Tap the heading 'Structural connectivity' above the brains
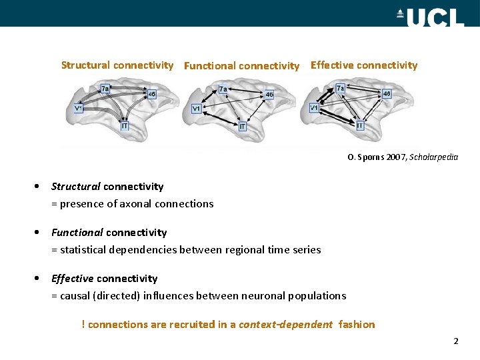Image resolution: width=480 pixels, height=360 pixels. pyautogui.click(x=117, y=65)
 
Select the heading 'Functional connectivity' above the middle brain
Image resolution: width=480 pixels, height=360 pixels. pyautogui.click(x=241, y=66)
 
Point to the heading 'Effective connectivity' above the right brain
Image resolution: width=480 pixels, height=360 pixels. pyautogui.click(x=364, y=65)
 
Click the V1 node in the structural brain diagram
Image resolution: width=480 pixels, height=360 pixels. pyautogui.click(x=79, y=109)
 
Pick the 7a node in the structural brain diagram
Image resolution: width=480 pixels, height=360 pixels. pyautogui.click(x=105, y=89)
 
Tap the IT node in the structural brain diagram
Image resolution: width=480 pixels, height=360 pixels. pyautogui.click(x=125, y=125)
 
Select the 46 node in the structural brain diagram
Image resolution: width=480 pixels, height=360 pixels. pyautogui.click(x=152, y=95)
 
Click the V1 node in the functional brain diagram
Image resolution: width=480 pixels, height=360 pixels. pyautogui.click(x=197, y=109)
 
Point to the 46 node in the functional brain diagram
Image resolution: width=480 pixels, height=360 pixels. pyautogui.click(x=269, y=95)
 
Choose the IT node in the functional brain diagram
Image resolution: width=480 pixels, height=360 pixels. pyautogui.click(x=243, y=126)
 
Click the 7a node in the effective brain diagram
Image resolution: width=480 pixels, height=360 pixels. pyautogui.click(x=341, y=88)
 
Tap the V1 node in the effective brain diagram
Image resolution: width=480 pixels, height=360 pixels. pyautogui.click(x=314, y=108)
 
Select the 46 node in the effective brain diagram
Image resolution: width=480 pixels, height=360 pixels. pyautogui.click(x=387, y=94)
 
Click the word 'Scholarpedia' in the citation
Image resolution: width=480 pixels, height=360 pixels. pyautogui.click(x=434, y=157)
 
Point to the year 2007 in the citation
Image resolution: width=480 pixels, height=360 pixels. pyautogui.click(x=397, y=157)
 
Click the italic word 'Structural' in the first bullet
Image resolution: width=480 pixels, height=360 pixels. pyautogui.click(x=76, y=187)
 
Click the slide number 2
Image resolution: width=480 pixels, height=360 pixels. pyautogui.click(x=456, y=341)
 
